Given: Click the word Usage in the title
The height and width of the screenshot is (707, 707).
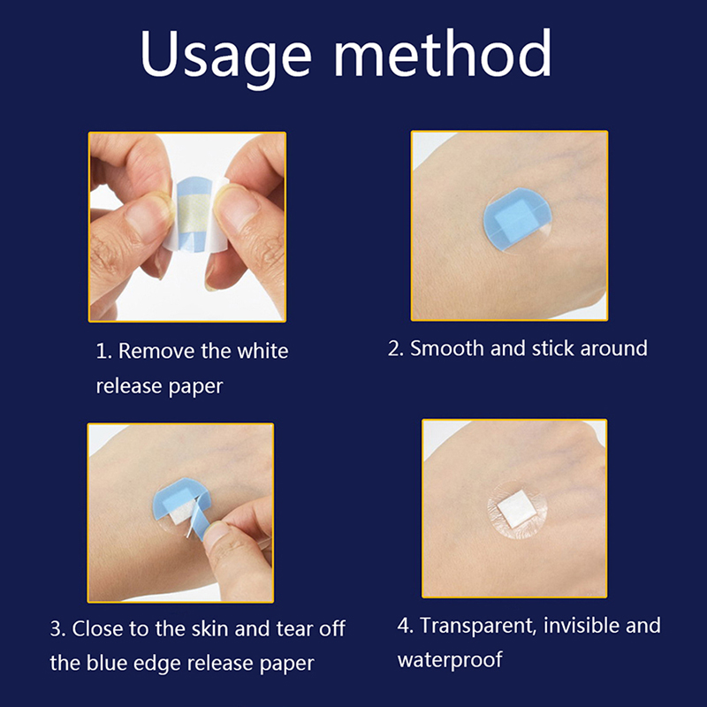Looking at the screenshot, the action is coord(226,57).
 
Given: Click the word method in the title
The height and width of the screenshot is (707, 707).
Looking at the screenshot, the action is coord(443,53).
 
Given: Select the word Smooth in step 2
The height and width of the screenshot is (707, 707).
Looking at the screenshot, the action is coord(447,348).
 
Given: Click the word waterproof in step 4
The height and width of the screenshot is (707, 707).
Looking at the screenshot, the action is coord(450,659).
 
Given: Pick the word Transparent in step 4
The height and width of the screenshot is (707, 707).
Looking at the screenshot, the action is coord(478,626).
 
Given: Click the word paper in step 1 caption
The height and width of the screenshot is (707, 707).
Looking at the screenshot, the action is coord(195,386).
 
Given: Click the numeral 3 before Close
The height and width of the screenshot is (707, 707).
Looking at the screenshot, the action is coord(56,629).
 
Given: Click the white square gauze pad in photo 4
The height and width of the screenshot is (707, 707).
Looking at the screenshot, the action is coord(517,510).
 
